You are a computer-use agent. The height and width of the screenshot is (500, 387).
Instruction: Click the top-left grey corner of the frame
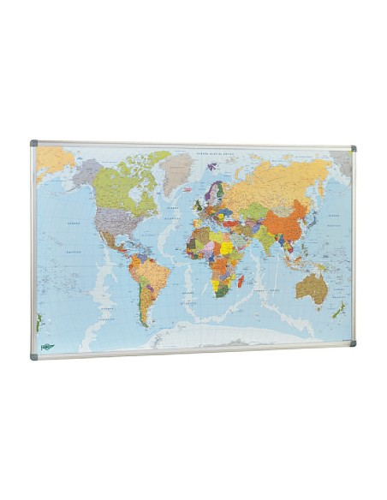(x=35, y=143)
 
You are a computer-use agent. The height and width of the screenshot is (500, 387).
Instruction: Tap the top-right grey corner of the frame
(x=353, y=149)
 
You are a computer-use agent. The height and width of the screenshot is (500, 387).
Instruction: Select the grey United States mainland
(x=116, y=221)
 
